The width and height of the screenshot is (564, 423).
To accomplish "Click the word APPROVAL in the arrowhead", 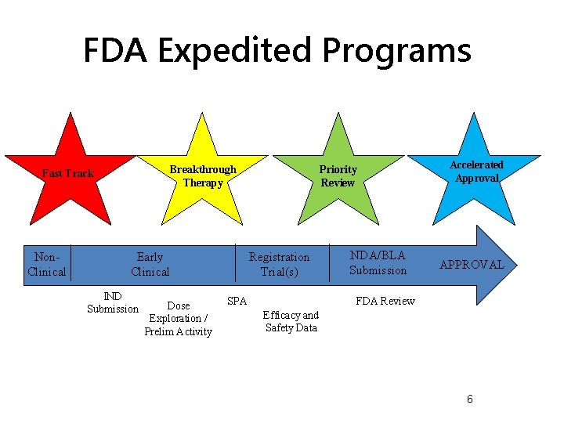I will (x=472, y=265).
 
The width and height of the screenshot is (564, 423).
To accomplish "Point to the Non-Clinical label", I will (x=47, y=264).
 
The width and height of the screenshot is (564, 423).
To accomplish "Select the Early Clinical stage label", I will (x=150, y=264).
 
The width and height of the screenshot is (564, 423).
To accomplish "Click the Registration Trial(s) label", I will (x=279, y=264).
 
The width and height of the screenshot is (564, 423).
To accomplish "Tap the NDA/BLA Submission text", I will (x=378, y=262).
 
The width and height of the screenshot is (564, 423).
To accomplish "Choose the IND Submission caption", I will (x=113, y=302).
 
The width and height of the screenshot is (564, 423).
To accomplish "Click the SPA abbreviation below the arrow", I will (x=237, y=301).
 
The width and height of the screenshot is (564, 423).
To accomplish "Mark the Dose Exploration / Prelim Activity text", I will (x=178, y=319).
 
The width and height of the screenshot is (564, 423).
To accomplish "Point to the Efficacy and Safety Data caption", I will (x=291, y=321).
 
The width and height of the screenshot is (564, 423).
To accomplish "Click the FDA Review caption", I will (x=385, y=301).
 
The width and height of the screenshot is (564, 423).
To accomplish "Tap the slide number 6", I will (x=469, y=399).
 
